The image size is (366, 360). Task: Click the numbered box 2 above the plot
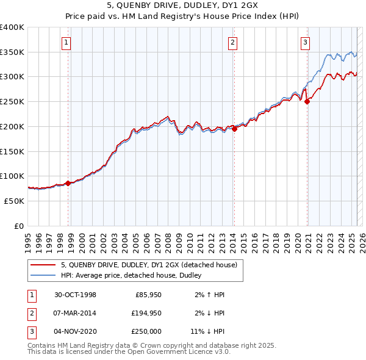click(x=232, y=42)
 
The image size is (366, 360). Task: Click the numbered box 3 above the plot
click(x=304, y=42)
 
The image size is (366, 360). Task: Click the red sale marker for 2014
click(x=234, y=129)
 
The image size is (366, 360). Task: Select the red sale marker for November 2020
click(x=307, y=102)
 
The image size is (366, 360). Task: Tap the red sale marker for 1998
click(x=68, y=183)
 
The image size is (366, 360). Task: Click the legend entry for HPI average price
click(x=135, y=275)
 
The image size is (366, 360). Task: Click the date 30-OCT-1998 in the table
click(x=75, y=295)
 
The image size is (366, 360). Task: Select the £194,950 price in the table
click(x=146, y=313)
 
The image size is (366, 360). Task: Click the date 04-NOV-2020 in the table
click(x=75, y=331)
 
